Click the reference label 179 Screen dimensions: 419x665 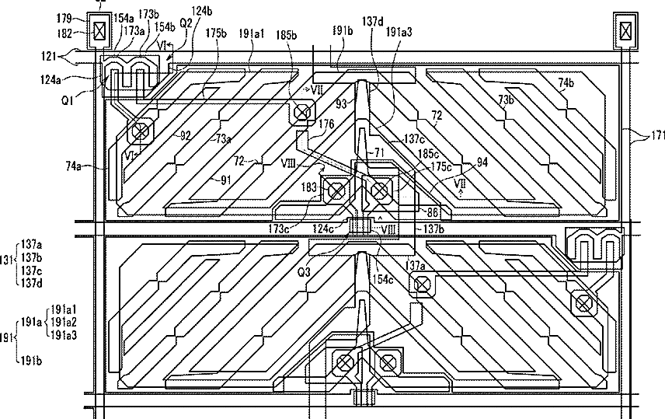[64, 17]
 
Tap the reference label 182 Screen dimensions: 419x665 [64, 33]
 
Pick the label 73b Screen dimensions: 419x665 [506, 100]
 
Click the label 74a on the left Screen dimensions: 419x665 [74, 165]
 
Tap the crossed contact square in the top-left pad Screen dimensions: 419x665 [99, 30]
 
